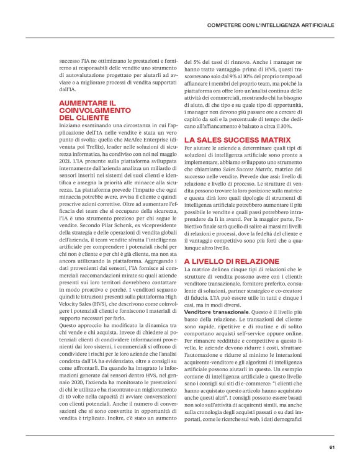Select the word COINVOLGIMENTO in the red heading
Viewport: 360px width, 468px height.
coord(90,109)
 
